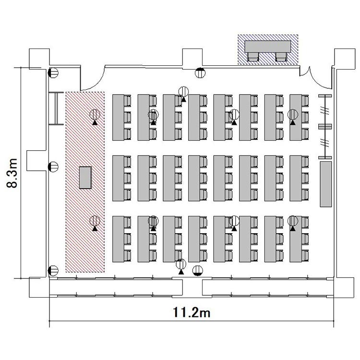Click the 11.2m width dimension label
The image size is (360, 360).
[x=191, y=312]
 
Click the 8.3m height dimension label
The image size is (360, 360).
[x=12, y=173]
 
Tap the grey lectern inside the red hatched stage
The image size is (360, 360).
[x=85, y=178]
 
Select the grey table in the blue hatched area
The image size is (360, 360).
[x=268, y=47]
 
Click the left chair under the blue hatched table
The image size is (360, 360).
[x=253, y=57]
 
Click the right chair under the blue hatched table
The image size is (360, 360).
[x=281, y=57]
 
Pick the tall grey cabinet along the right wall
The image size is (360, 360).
[x=326, y=184]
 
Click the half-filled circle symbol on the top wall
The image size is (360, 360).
[x=200, y=73]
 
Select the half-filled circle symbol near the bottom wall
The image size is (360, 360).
[x=198, y=270]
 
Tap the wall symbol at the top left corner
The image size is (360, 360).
[x=53, y=73]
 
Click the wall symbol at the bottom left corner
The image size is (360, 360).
[x=53, y=271]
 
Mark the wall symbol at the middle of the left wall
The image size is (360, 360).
[x=53, y=167]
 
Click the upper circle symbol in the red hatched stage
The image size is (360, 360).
[x=95, y=114]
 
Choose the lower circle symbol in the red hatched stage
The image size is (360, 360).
[x=95, y=221]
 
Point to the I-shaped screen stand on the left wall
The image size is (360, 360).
[x=56, y=108]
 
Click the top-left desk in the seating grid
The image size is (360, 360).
[x=118, y=117]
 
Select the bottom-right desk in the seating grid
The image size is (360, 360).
[x=296, y=239]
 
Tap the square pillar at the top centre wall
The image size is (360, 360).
[x=192, y=58]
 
